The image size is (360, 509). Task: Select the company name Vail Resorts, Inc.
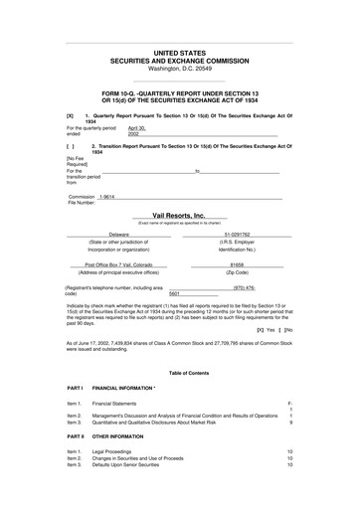click(x=179, y=215)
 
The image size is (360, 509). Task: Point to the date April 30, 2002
click(x=108, y=131)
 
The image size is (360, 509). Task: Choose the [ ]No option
click(x=288, y=328)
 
